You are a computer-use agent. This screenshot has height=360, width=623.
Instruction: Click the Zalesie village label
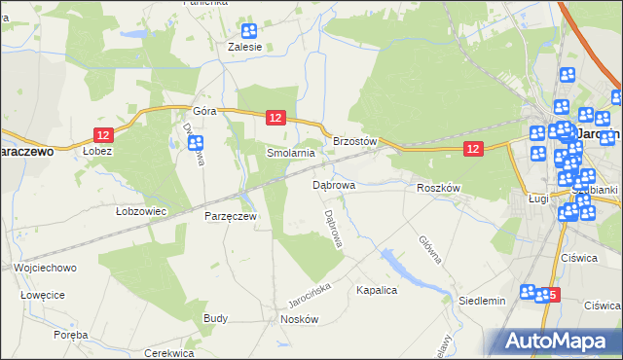coord(244,46)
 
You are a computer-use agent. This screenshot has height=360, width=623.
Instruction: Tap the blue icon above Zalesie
coord(249,31)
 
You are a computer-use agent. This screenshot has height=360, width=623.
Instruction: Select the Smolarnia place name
coord(291,154)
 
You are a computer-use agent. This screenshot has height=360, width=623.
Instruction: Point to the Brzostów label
coord(354,141)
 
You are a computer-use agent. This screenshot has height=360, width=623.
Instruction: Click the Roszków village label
coord(437,188)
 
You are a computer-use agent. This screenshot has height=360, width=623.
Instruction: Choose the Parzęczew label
coord(231,216)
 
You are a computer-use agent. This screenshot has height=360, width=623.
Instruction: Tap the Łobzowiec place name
coord(141,210)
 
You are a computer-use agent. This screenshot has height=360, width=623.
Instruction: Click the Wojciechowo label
coord(46,267)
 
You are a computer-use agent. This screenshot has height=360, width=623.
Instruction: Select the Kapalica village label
coord(378,291)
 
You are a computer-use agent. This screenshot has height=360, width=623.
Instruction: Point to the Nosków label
coord(299,319)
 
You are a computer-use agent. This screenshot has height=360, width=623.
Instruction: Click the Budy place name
coord(215,318)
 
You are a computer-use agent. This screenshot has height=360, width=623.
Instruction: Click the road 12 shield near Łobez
coord(104,133)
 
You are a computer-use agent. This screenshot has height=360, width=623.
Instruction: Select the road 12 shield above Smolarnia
coord(275,117)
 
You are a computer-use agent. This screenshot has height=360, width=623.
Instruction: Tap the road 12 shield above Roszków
coord(472,148)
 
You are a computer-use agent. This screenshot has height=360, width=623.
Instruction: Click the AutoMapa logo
coord(556,340)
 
